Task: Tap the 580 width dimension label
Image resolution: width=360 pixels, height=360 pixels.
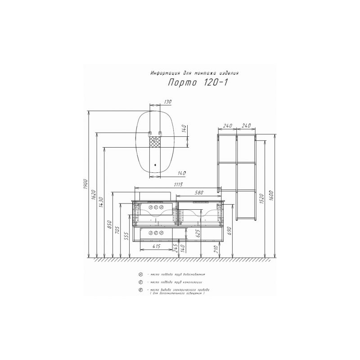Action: (x=197, y=193)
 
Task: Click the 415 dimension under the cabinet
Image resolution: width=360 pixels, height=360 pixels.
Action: (x=156, y=246)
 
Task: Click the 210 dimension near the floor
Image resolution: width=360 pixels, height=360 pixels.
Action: (x=216, y=249)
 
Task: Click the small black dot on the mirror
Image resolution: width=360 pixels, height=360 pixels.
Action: (x=156, y=165)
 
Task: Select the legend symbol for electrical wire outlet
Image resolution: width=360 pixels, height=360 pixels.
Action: (x=141, y=290)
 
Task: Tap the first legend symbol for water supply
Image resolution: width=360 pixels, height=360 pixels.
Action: (x=141, y=274)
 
